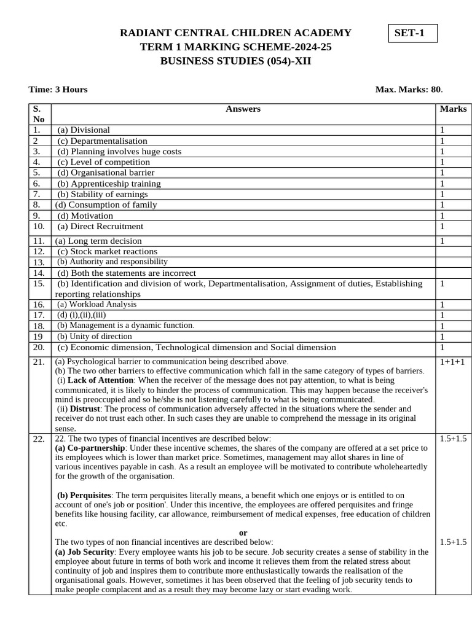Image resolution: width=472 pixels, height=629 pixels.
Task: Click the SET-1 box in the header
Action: coord(413,33)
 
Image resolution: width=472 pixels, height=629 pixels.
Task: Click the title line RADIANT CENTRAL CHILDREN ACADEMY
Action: coord(235,33)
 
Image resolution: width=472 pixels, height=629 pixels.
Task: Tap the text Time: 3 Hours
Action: coord(58,90)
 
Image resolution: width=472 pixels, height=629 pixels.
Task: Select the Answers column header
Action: coord(243,109)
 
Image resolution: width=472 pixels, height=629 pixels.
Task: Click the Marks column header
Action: coord(453,109)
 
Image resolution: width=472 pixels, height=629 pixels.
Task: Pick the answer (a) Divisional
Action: coord(84,130)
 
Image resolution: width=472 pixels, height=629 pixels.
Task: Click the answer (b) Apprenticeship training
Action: coord(109,184)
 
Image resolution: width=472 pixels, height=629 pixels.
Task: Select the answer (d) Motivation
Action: coord(85,216)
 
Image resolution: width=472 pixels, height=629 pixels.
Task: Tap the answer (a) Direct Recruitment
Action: coord(100,227)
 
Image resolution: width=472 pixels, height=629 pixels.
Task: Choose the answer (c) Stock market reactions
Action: coord(107,251)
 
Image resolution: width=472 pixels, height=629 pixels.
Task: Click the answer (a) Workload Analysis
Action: coord(96,305)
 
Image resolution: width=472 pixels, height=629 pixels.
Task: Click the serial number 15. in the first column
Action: coord(39,284)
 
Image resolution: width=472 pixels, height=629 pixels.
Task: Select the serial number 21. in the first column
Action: coord(39,362)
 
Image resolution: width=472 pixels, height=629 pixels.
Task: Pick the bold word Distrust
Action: coord(84,408)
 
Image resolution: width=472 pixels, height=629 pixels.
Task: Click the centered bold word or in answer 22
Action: coord(243,533)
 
